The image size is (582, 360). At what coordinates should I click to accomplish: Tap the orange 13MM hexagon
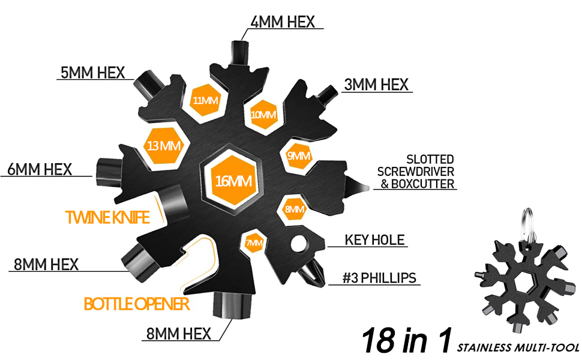163,145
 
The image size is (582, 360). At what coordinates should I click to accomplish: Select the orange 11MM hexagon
205,100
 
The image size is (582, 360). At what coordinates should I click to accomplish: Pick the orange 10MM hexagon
263,114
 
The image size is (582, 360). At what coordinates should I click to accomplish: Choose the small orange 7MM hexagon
254,243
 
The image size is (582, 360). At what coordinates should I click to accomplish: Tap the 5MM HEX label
92,73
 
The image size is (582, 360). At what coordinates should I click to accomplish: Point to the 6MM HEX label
40,169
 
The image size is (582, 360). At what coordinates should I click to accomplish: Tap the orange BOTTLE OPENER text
137,304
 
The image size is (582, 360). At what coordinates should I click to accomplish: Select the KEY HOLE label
375,241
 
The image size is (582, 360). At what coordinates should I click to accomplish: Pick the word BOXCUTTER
422,185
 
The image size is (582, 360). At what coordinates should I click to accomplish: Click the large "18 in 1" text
406,340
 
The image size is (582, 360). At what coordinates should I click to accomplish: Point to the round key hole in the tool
298,245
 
